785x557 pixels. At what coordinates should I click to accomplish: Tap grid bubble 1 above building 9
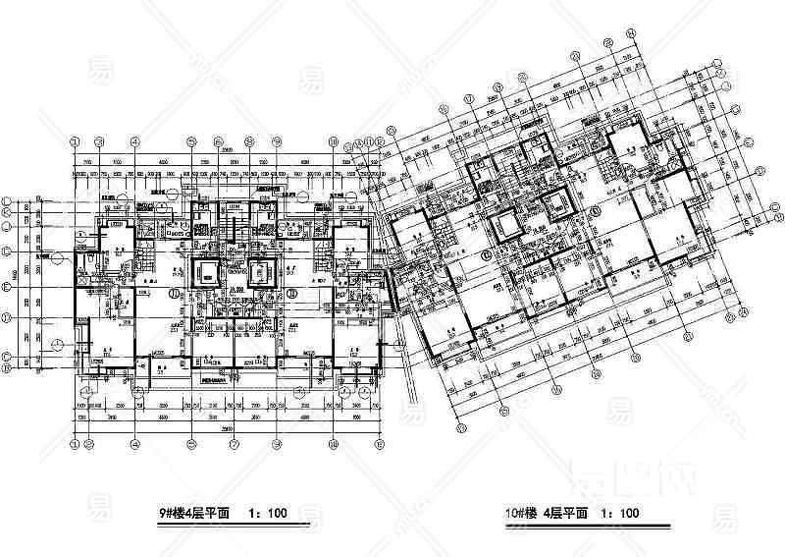pyautogui.click(x=78, y=139)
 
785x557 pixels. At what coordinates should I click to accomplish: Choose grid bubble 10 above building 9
pyautogui.click(x=334, y=139)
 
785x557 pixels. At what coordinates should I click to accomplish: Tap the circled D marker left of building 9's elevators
pyautogui.click(x=175, y=293)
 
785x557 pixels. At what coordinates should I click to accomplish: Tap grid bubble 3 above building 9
pyautogui.click(x=137, y=139)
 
